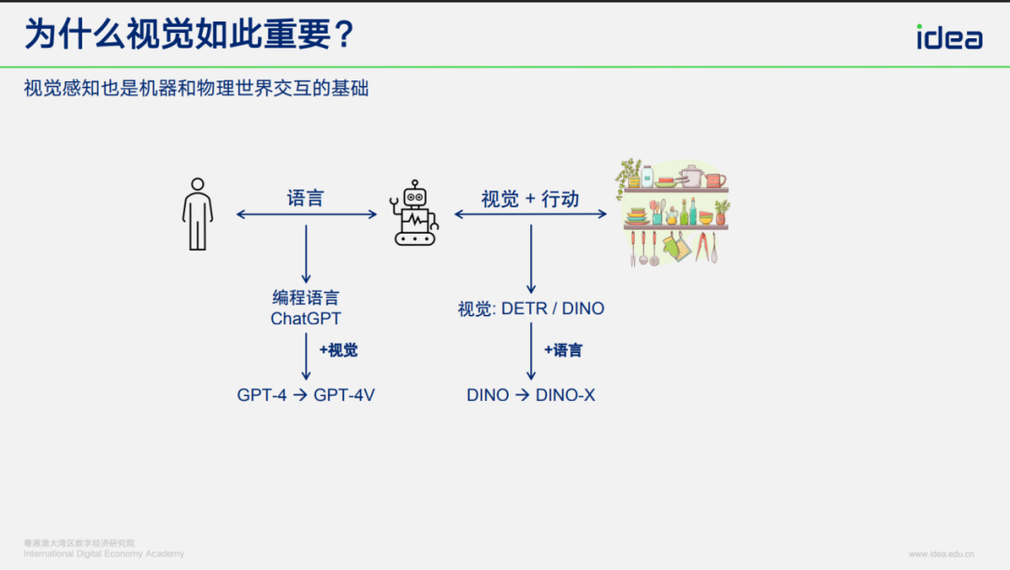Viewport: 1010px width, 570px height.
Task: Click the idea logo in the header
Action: coord(948,36)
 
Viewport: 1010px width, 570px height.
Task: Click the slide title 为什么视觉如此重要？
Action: coord(190,36)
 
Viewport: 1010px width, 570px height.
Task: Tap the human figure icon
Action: coord(197,214)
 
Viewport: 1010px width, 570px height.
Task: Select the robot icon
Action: coord(413,214)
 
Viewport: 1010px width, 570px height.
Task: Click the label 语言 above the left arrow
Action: coord(306,198)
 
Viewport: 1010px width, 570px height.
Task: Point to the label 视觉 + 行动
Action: coord(530,198)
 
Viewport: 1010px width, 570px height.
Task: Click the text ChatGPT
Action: coord(306,319)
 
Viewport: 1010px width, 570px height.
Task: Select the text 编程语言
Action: coord(306,298)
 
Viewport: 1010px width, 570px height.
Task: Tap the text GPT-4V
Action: coord(344,395)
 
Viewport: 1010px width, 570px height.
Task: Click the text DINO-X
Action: coord(565,395)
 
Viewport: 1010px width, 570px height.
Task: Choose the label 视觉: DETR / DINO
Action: coord(530,308)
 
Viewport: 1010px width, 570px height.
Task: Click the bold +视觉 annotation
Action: coord(338,350)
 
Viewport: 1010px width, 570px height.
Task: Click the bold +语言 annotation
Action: coord(563,350)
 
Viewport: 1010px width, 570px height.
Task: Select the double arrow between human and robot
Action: coord(306,215)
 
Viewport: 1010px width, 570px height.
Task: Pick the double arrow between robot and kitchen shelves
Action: coord(530,215)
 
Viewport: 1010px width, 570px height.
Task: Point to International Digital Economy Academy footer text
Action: coord(104,554)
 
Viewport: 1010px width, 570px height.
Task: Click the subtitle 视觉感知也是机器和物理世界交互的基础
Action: coord(196,90)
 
